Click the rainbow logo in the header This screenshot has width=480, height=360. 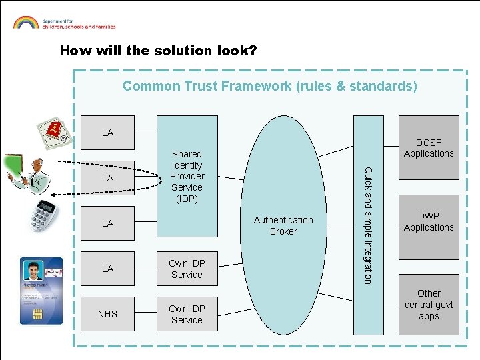coord(25,22)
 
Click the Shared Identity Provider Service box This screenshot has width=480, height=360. coord(187,176)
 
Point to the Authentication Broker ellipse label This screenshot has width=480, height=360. coord(283,225)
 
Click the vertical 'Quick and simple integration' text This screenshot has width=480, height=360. coord(367,225)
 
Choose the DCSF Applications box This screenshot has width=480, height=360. coord(428,147)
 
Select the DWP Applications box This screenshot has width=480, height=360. coord(428,222)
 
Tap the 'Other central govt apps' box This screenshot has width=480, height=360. coord(428,304)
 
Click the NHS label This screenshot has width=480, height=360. coord(107,314)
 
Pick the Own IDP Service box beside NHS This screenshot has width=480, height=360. coord(187,314)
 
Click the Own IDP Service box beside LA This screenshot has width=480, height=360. coord(187,269)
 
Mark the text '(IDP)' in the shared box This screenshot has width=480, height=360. coord(187,199)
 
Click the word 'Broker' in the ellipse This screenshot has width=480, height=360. coord(283,231)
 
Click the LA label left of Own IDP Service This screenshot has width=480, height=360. coord(107,269)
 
